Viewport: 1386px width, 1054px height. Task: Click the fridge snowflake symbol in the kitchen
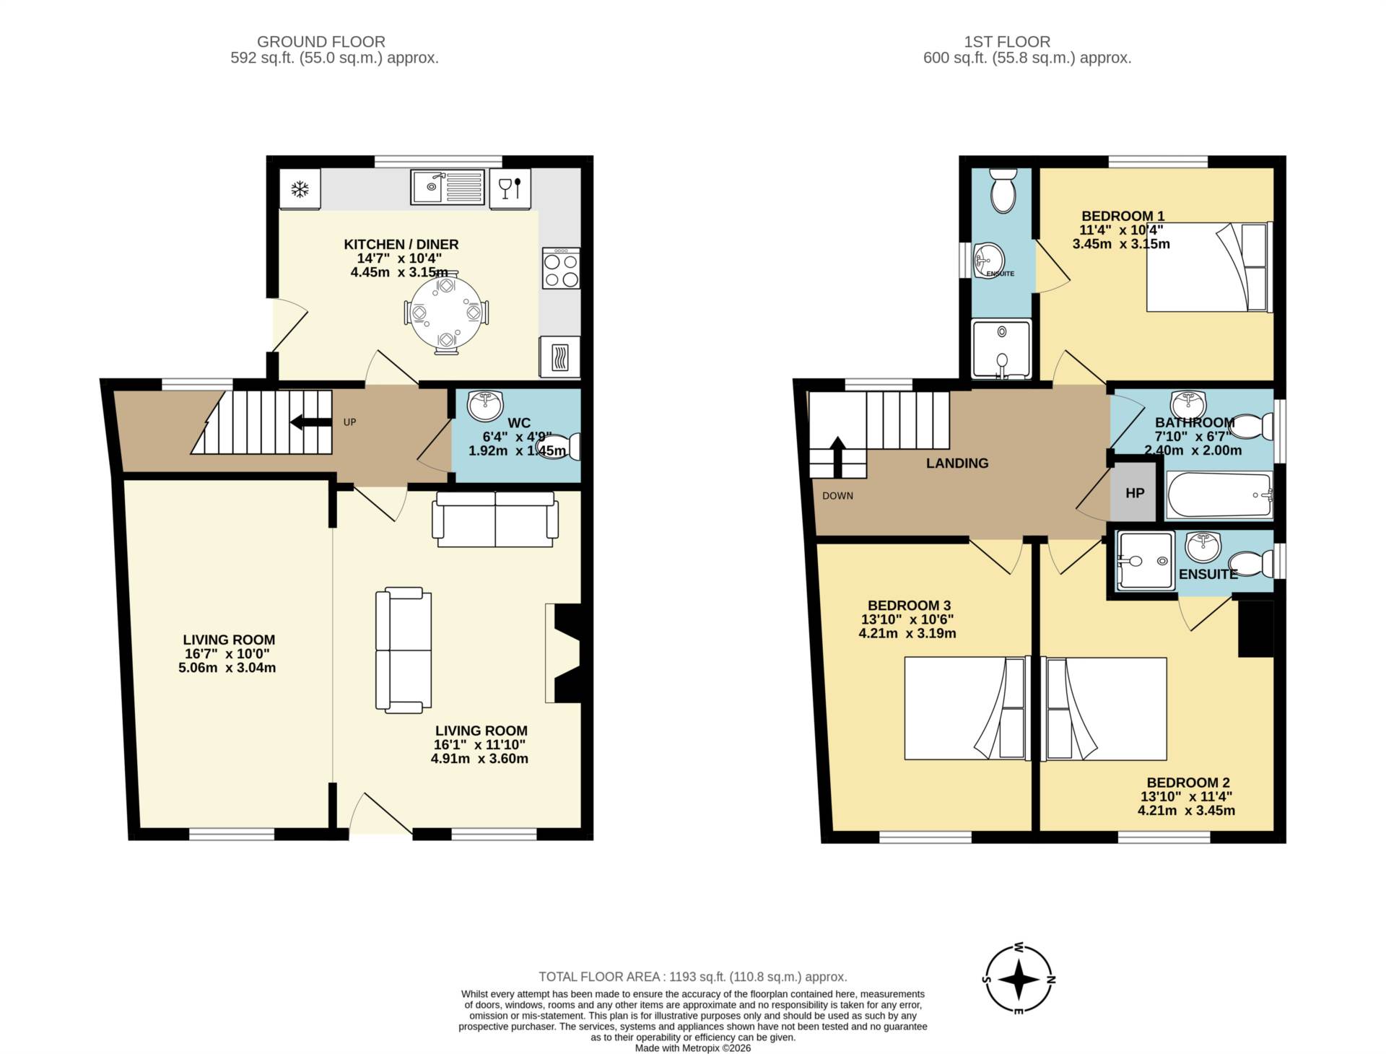coord(300,190)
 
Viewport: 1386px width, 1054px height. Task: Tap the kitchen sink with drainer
coord(448,187)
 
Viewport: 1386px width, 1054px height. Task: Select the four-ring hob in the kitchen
coord(561,269)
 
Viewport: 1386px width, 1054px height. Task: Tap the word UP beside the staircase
coord(349,422)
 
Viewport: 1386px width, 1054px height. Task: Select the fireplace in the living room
coord(565,653)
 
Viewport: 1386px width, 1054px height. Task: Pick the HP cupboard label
coord(1135,493)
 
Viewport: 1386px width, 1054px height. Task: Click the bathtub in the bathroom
coord(1219,495)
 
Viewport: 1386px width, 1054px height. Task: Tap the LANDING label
coord(957,463)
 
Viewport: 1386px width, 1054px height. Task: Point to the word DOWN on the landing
coord(837,496)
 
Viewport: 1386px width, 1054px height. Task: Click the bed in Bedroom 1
coord(1209,267)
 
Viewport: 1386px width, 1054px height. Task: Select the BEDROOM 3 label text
coord(909,606)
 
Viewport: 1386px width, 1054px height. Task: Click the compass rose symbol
coord(1019,980)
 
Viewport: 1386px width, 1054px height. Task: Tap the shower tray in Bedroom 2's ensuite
coord(1145,560)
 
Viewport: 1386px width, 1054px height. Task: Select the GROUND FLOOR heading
coord(321,42)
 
